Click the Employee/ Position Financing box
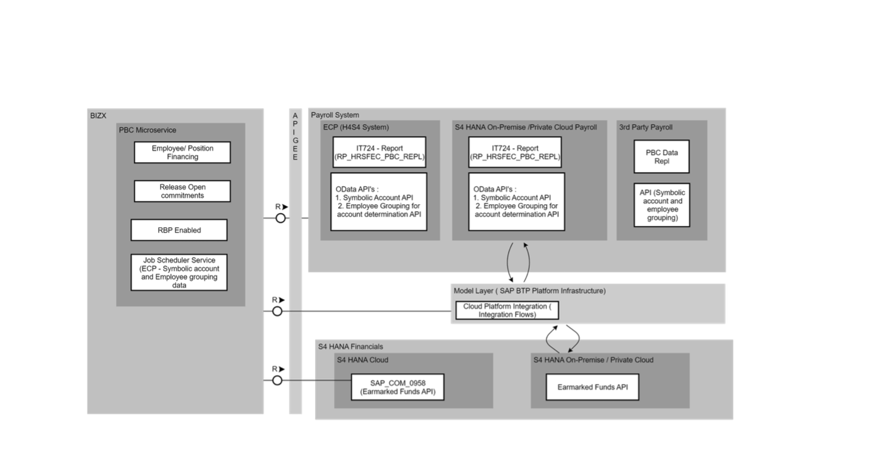point(182,153)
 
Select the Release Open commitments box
point(182,191)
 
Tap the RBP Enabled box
point(179,230)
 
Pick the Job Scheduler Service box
point(179,272)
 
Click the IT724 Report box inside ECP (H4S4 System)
point(379,153)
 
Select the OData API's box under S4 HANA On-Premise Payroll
point(516,202)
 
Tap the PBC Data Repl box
point(662,157)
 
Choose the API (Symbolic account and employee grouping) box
point(662,205)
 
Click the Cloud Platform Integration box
point(507,310)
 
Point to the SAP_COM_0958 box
point(398,387)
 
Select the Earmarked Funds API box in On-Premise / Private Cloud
point(592,387)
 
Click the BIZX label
point(98,116)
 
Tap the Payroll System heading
point(335,115)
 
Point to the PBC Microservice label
point(148,130)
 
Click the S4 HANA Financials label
point(351,347)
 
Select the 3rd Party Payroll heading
point(646,127)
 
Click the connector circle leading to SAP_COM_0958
point(277,380)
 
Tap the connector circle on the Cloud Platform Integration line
point(277,312)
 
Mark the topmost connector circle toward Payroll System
point(280,218)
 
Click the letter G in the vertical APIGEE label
point(295,140)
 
